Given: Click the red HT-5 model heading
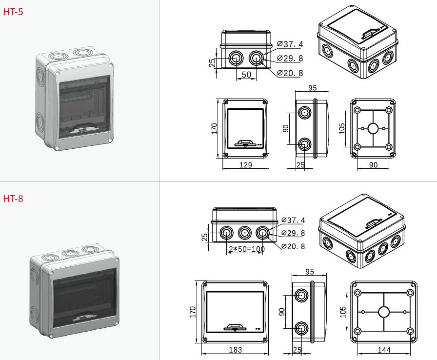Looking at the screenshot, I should point(13,12).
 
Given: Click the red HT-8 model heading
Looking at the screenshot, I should point(13,199).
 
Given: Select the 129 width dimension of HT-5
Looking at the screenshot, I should point(245,165).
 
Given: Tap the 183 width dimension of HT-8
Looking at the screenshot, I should point(235,350).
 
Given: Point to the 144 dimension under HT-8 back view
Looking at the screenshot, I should point(384,350).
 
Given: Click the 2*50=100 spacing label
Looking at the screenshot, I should point(246,249).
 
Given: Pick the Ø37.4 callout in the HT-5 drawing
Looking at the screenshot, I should point(290,44).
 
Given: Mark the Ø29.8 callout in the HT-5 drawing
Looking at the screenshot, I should point(290,59).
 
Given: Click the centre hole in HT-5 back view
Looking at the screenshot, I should point(373,129).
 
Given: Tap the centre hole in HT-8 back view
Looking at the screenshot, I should point(384,312).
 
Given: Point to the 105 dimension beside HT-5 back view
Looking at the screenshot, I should point(342,128).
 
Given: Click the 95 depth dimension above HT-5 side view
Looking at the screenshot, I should point(313,88).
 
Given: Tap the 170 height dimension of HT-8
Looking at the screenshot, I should point(193,312).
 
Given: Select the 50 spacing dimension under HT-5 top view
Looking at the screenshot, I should point(246,74).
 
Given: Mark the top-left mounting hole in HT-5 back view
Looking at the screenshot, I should point(358,110).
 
